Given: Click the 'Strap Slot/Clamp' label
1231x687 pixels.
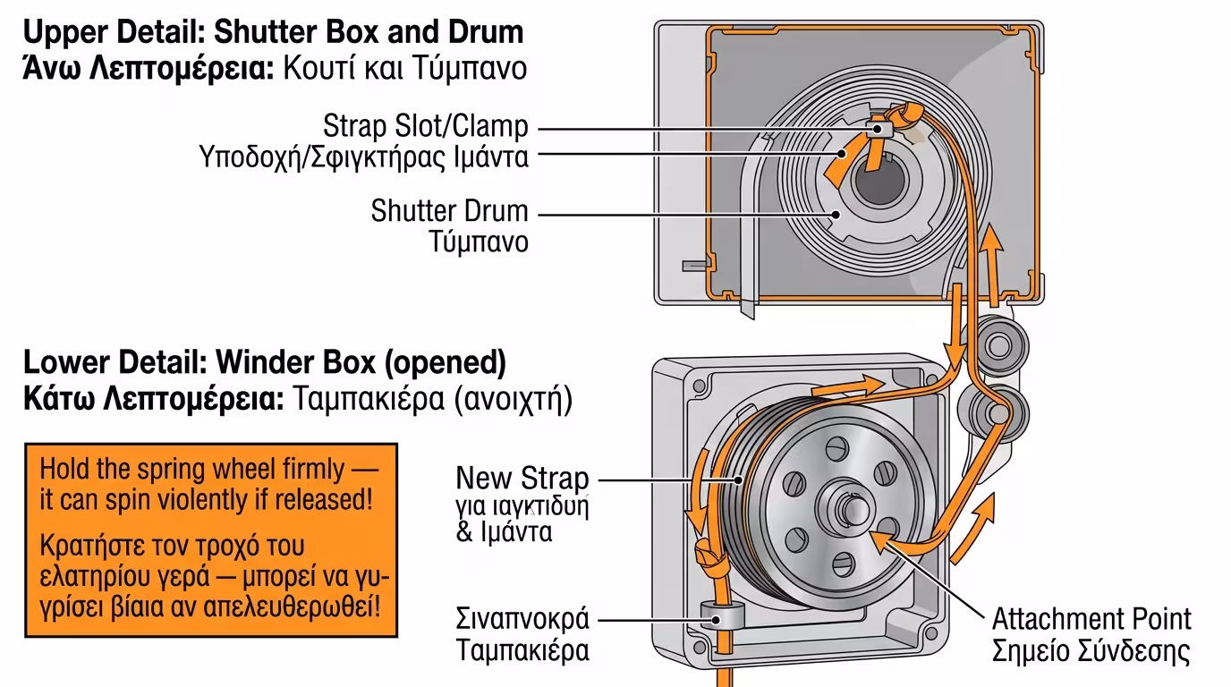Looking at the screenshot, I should [x=426, y=126].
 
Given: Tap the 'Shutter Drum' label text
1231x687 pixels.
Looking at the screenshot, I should [x=449, y=212].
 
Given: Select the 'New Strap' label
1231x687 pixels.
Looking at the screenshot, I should [x=522, y=477].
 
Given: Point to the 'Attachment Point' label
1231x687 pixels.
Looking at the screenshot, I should [x=1091, y=619].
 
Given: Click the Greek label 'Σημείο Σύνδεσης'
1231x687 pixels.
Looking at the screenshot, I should [x=1091, y=650].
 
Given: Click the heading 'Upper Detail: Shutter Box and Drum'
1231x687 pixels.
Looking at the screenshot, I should [x=273, y=33].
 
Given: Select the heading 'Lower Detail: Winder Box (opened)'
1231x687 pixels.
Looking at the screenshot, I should [x=265, y=363].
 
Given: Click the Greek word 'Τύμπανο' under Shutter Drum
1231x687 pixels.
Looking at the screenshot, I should [x=479, y=242].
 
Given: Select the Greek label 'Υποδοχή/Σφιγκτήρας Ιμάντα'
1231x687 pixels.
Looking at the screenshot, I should [x=363, y=157].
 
